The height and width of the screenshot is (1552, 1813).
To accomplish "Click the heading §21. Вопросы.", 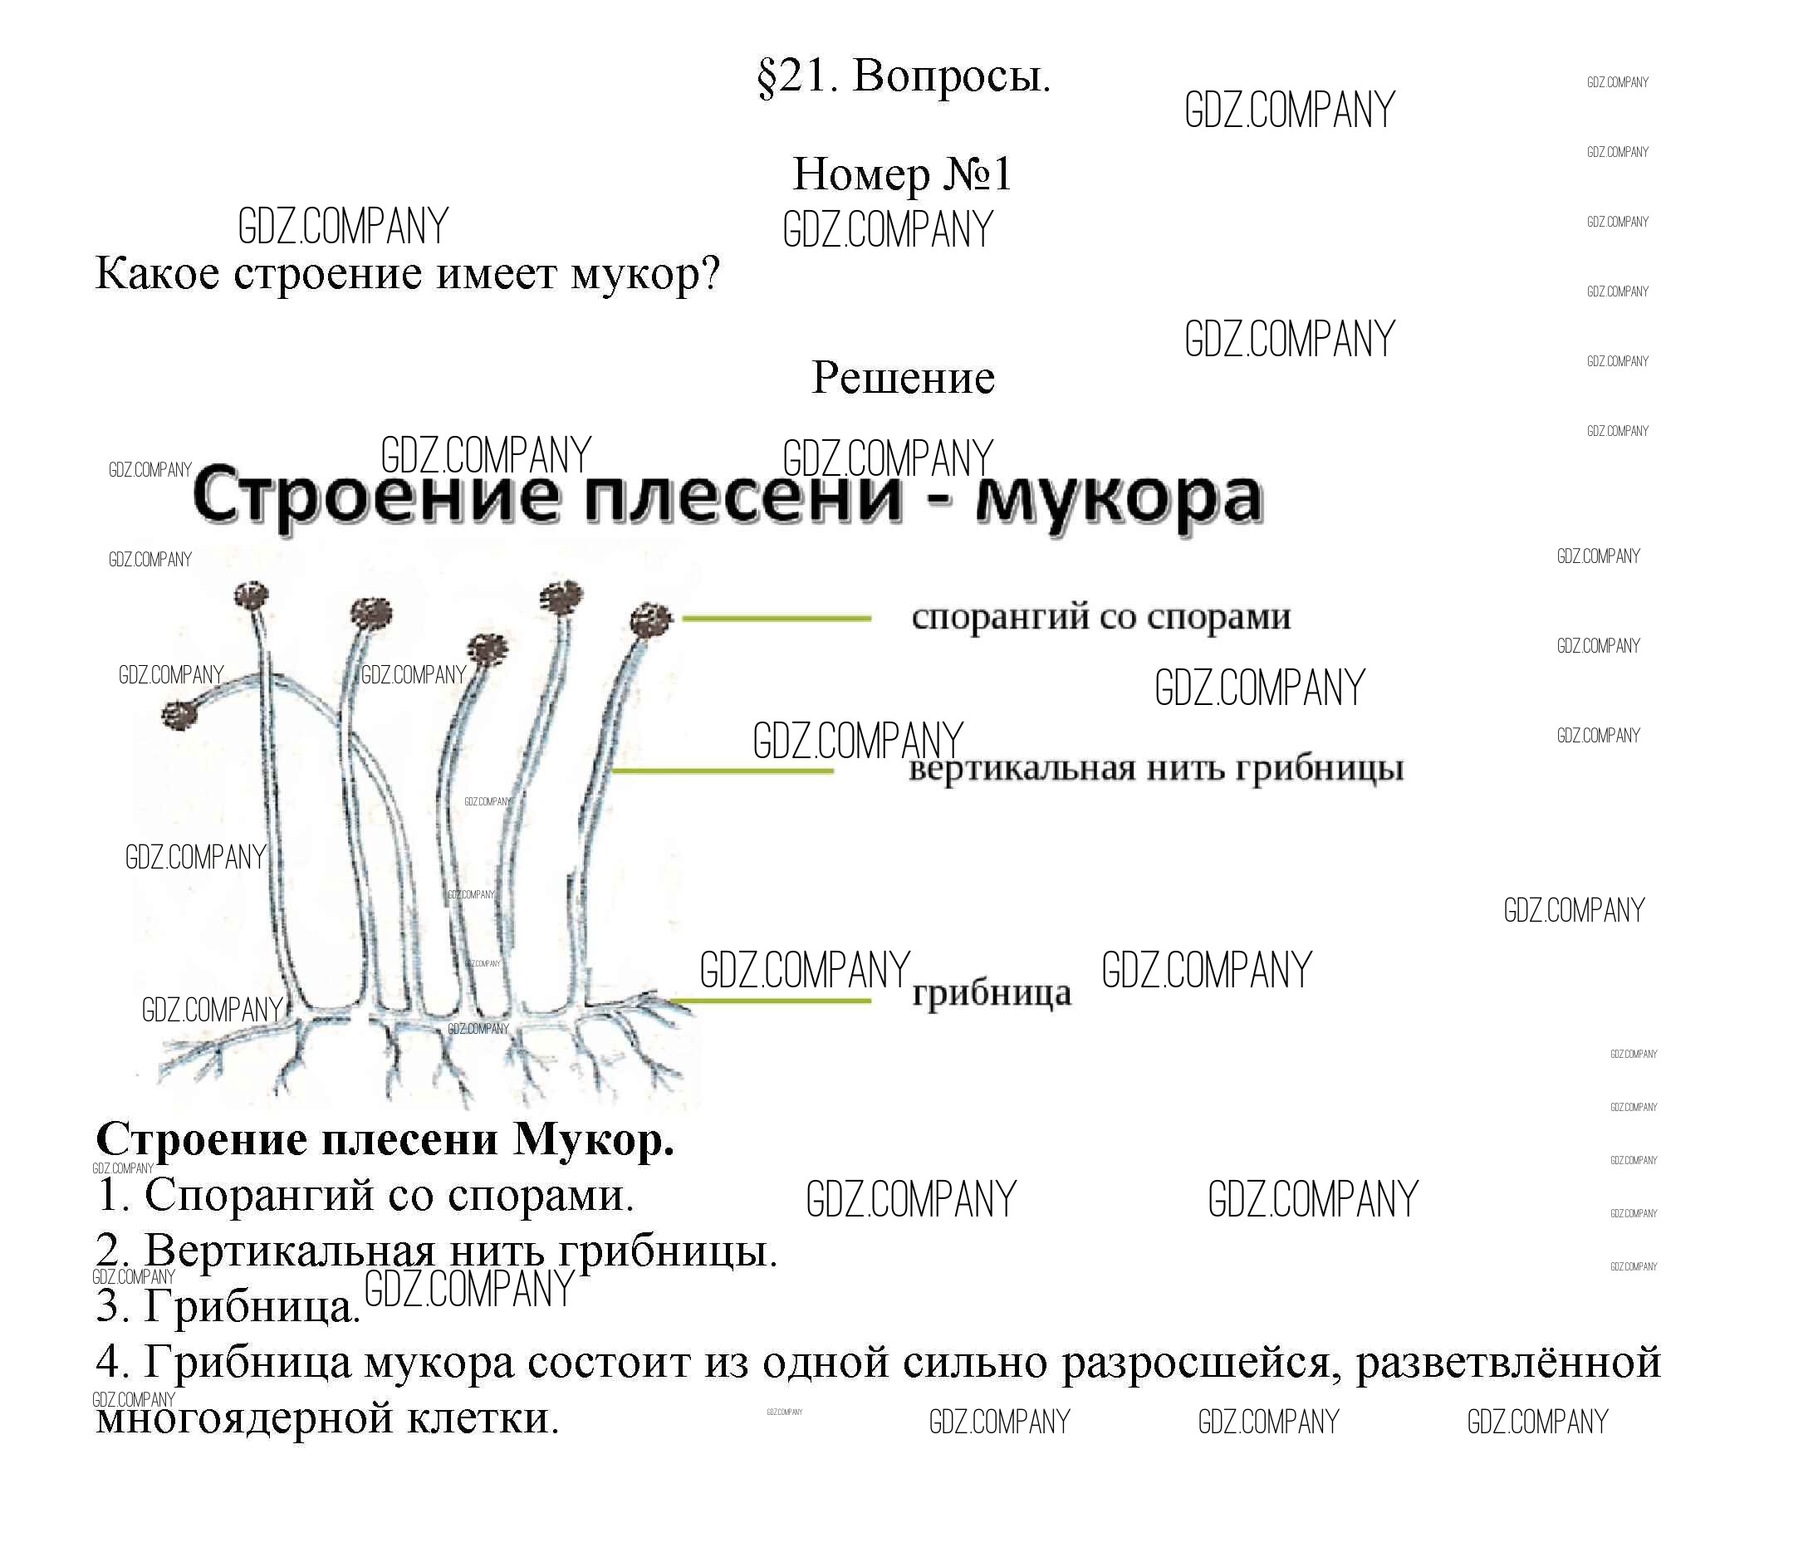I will (903, 77).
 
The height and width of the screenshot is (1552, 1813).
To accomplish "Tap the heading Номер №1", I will (902, 174).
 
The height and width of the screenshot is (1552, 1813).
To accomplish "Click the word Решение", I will (902, 378).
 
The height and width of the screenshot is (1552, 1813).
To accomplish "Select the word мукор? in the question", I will (646, 275).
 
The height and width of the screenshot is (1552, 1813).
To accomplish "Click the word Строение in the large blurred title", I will (375, 496).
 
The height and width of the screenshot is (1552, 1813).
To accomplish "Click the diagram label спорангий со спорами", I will (1100, 618).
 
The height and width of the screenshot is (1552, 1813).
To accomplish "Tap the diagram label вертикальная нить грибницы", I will (1156, 770).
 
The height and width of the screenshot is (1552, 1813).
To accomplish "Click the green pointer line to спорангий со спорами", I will (777, 619).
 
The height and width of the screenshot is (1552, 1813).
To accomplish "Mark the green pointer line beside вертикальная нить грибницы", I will (722, 771).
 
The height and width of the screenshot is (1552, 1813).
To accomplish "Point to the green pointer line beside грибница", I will (770, 1000).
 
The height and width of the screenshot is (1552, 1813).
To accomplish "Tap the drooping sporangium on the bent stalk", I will (180, 715).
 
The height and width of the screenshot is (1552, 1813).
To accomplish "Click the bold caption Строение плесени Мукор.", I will (385, 1140).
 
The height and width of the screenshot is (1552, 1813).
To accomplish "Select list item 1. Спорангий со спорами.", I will (365, 1195).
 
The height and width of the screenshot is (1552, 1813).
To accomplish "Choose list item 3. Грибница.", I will (228, 1306).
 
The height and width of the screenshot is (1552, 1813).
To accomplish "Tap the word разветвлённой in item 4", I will (1507, 1362).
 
